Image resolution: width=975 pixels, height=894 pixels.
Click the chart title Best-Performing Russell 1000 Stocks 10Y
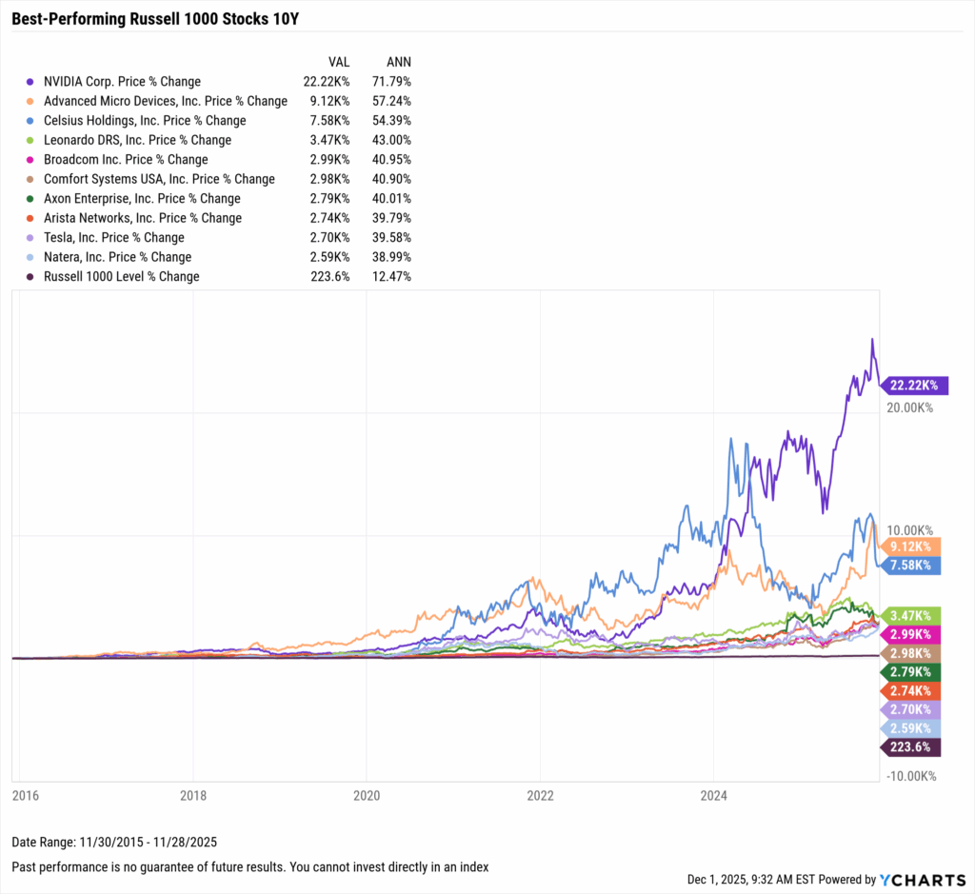click(x=133, y=18)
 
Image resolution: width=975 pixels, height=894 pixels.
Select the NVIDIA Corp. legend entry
click(x=122, y=82)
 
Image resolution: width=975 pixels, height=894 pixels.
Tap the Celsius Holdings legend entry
click(x=144, y=121)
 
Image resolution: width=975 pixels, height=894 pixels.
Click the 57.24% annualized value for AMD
click(x=392, y=101)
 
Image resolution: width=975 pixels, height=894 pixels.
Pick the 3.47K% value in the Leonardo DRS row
click(x=331, y=140)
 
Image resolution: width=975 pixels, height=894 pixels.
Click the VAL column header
click(x=339, y=62)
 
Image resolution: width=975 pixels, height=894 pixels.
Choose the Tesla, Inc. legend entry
click(x=113, y=237)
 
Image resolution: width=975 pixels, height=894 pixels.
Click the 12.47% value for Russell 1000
click(x=392, y=276)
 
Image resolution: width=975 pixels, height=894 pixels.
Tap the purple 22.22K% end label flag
click(x=911, y=386)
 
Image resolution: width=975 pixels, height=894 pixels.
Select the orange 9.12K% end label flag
click(x=911, y=546)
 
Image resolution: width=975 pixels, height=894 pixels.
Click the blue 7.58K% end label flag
click(x=911, y=566)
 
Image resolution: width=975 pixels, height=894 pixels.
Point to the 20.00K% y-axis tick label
click(x=910, y=407)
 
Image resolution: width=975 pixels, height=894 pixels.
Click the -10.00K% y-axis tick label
click(x=910, y=776)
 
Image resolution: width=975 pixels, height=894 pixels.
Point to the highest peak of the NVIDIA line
click(x=870, y=339)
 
